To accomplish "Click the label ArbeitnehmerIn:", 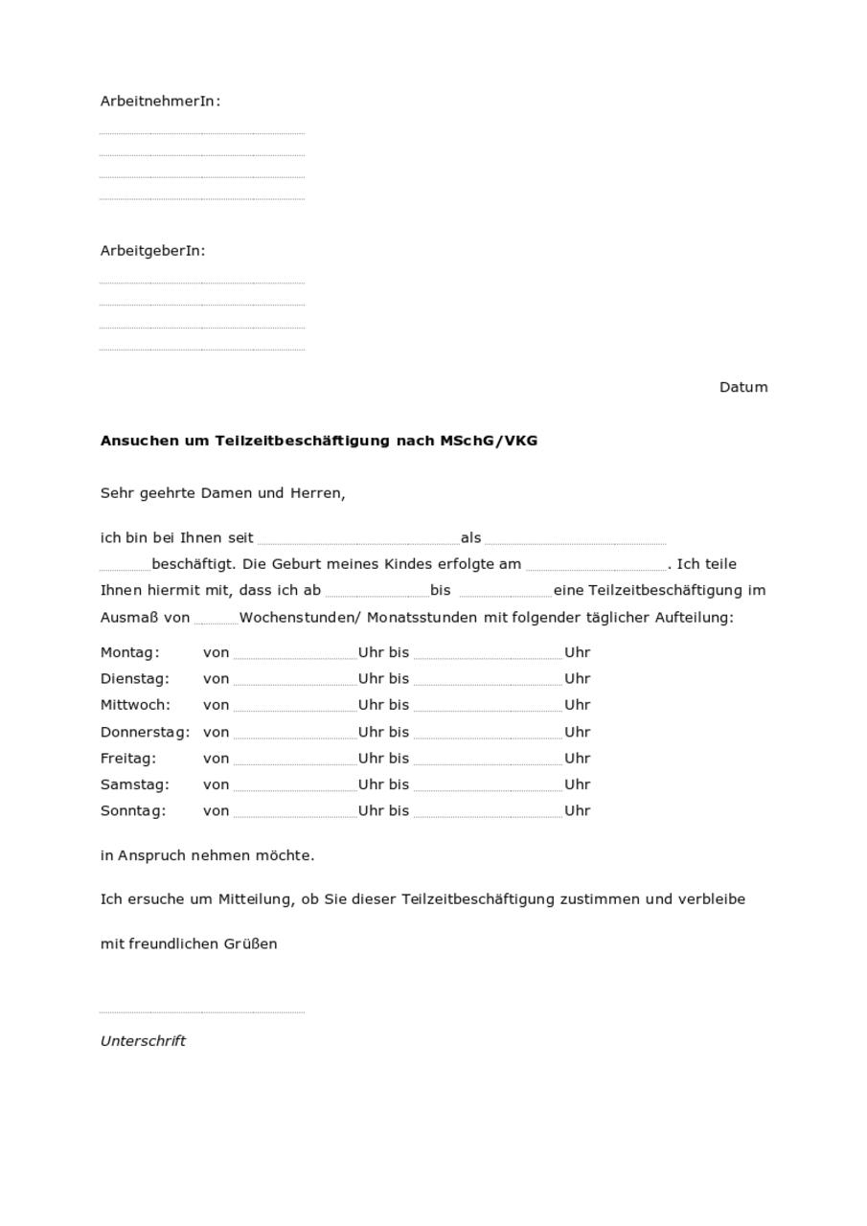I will click(x=160, y=101).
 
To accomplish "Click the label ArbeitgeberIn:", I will click(x=152, y=251).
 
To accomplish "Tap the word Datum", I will click(x=743, y=387).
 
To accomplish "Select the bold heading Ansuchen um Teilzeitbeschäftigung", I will click(x=318, y=441).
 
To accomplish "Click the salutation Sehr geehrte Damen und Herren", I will click(x=222, y=493).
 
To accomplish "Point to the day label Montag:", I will click(x=129, y=652).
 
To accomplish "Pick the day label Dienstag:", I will click(x=134, y=678).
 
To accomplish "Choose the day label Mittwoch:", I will click(x=135, y=705).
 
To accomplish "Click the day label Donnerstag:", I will click(x=145, y=732).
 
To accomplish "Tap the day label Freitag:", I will click(x=127, y=758).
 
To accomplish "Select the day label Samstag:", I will click(x=134, y=784).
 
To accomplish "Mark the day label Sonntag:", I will click(x=132, y=810).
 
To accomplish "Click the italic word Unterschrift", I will click(x=143, y=1041).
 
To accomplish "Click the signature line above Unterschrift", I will click(x=201, y=1010).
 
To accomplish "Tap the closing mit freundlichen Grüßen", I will click(x=189, y=943).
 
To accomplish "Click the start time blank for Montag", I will click(x=295, y=654).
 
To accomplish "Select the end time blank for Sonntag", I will click(x=488, y=812).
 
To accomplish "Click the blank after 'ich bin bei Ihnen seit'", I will click(x=357, y=539).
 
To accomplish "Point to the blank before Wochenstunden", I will click(x=216, y=619).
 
